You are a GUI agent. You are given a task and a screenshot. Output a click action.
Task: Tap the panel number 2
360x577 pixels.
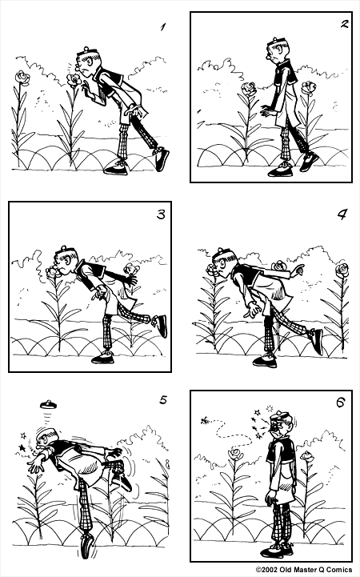point(344,23)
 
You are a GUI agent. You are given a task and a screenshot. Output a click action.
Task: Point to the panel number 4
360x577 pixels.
point(342,214)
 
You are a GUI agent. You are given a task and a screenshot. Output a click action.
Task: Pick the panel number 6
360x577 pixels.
point(340,401)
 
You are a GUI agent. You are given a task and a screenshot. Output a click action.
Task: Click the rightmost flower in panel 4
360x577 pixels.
point(342,269)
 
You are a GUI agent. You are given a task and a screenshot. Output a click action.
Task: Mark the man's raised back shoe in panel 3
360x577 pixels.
point(162,325)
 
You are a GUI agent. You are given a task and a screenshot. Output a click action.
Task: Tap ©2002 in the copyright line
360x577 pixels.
point(269,571)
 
